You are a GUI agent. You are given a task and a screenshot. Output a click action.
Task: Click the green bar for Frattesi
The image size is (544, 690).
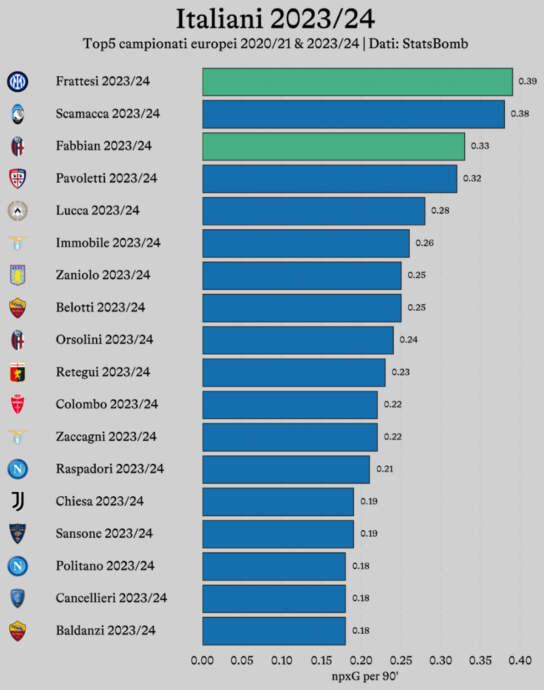point(357,82)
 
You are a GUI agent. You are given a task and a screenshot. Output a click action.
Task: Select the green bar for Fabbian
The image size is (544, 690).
point(334,146)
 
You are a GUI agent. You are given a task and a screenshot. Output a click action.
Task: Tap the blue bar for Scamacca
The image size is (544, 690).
point(353,114)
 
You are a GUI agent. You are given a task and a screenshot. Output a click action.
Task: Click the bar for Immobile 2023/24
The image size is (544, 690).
point(306,243)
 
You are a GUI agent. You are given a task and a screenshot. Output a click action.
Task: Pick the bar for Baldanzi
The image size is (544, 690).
point(274,631)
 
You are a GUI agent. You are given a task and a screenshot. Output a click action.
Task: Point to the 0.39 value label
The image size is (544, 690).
point(527,81)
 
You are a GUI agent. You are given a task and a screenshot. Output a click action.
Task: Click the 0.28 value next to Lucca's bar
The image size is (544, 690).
point(440,210)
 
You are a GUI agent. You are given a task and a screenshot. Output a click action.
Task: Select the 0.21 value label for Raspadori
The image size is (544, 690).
point(385,469)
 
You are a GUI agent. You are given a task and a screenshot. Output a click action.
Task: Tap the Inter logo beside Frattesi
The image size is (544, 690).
point(17,82)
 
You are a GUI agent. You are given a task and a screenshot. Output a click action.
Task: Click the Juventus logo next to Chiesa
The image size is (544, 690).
point(17,501)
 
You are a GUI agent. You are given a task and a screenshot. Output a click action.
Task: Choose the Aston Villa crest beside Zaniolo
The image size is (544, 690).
point(17,275)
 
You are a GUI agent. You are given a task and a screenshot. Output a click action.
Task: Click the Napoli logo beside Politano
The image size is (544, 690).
point(17,566)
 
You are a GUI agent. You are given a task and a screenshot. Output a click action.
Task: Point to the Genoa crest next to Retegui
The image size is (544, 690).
point(17,372)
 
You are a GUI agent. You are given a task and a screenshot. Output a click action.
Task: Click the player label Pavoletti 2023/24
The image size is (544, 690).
point(107,178)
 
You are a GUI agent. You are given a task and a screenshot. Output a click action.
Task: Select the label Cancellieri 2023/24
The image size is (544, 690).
point(111,598)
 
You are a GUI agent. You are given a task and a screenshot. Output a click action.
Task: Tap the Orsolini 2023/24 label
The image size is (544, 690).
point(105,340)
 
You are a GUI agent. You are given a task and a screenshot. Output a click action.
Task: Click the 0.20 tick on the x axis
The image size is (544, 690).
point(361,661)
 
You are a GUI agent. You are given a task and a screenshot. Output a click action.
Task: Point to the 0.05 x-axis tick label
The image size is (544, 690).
point(242,661)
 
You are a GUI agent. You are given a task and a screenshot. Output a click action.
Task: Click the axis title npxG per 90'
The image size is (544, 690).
point(365,676)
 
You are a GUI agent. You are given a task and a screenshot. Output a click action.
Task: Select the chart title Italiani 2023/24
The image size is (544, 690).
point(275,19)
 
